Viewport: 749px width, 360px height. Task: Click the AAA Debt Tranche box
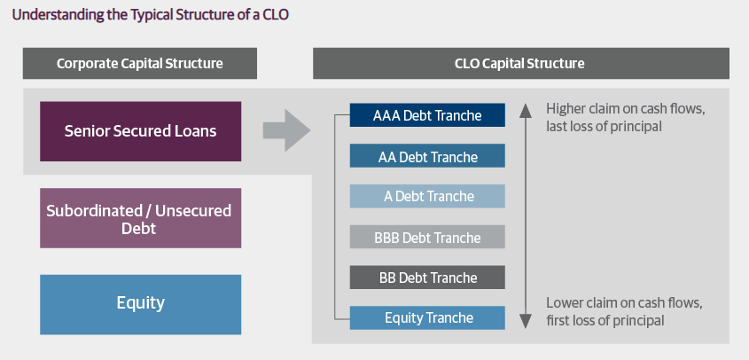click(427, 115)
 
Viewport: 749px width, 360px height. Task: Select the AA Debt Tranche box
click(427, 156)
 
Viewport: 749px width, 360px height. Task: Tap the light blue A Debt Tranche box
click(427, 196)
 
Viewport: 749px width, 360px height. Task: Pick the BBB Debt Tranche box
click(427, 237)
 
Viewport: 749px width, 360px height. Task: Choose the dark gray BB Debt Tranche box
click(427, 278)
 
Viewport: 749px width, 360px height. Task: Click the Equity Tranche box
click(427, 318)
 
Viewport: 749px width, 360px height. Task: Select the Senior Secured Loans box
click(140, 131)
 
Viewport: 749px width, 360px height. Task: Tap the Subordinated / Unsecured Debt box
click(140, 218)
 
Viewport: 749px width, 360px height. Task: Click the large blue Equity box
click(140, 304)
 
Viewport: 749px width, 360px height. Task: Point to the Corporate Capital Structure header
click(140, 63)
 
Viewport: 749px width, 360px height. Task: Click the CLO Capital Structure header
click(521, 63)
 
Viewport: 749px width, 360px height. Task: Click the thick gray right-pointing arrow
click(286, 130)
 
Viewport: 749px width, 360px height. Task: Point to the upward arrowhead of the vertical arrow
click(526, 111)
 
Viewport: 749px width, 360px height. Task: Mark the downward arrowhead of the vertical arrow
click(526, 321)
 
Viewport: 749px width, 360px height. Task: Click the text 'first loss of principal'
click(605, 320)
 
